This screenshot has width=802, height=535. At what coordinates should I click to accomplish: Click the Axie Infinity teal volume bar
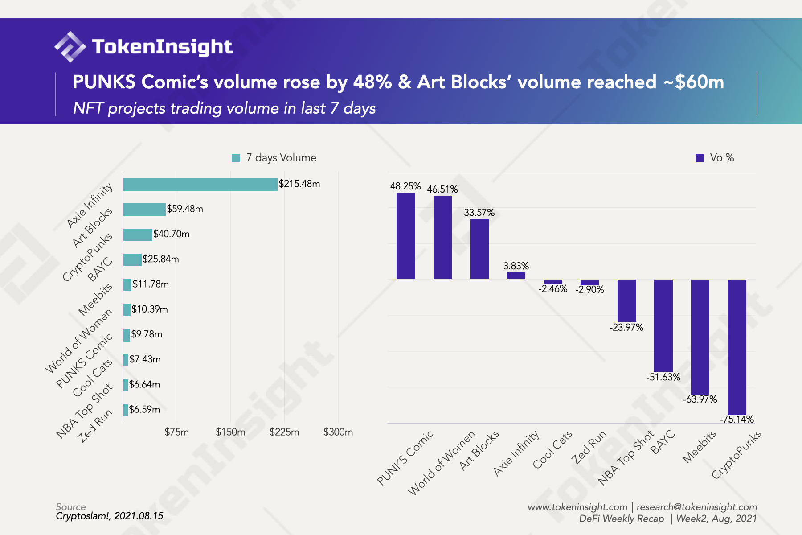coord(200,184)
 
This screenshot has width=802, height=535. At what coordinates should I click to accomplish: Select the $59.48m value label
coord(185,209)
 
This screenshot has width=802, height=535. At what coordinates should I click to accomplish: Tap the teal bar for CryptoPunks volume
coord(138,235)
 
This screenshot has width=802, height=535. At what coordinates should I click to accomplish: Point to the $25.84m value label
coord(161,259)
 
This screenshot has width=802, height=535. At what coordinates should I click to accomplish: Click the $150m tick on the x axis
coord(230,432)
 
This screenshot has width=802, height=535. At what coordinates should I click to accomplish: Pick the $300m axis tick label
coord(338,432)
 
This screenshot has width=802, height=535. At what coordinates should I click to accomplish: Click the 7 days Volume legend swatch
coord(236,158)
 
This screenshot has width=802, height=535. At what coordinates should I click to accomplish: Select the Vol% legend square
coord(700,158)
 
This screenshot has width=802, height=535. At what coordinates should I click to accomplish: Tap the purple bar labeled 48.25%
coord(405,236)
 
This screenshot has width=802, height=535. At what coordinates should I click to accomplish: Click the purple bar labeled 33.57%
coord(479,249)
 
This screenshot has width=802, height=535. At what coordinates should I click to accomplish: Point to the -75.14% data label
coord(737,420)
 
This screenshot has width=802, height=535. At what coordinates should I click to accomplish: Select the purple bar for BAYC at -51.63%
coord(663,325)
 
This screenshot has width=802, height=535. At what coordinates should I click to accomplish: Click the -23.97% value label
coord(626,328)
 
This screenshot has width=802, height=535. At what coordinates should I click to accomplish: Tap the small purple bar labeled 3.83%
coord(516,276)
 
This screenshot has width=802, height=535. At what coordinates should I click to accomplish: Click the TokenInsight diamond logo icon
coord(70,46)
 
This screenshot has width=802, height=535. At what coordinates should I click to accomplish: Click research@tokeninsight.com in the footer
coord(696,507)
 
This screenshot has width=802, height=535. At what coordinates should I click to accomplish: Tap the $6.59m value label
coord(144,409)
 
